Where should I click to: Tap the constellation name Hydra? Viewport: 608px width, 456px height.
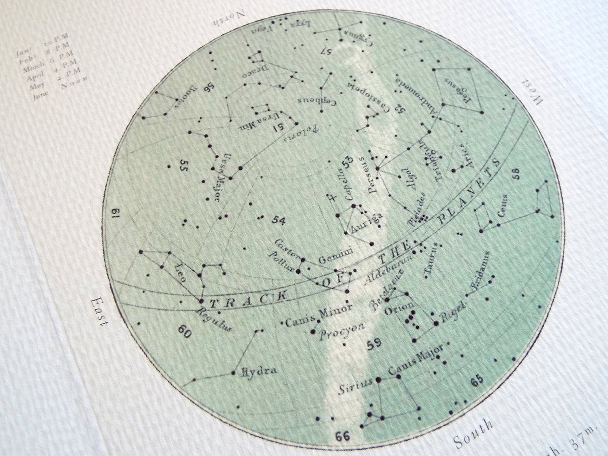[x=259, y=371]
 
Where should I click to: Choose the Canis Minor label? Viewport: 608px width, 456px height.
[x=318, y=315]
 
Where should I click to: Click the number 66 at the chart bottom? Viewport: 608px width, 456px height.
[x=342, y=436]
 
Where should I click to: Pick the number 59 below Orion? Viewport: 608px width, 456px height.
[x=374, y=345]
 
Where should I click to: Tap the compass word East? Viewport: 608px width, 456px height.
[x=99, y=313]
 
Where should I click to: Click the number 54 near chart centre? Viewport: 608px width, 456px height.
[x=279, y=220]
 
